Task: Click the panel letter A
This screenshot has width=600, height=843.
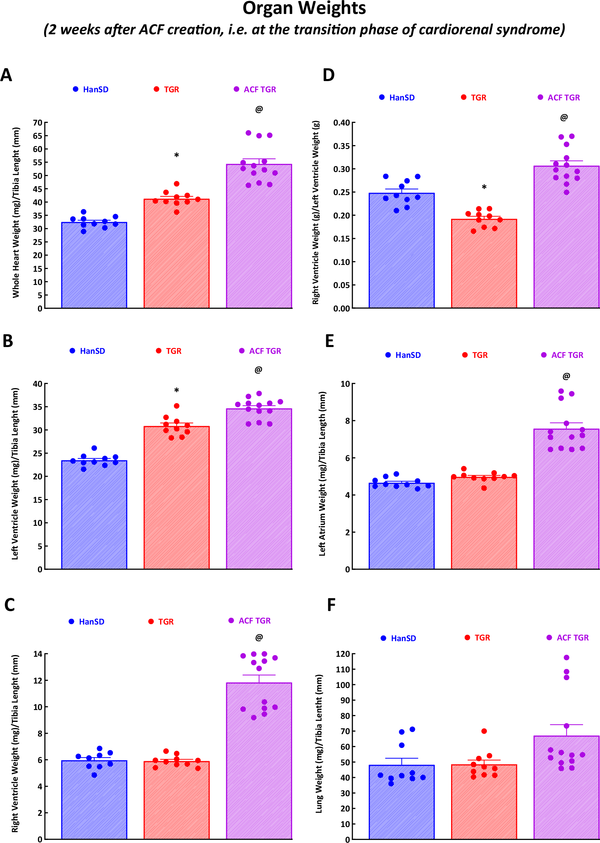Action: point(6,75)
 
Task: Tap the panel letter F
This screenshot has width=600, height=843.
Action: point(331,605)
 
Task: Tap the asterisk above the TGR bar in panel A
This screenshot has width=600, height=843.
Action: point(177,155)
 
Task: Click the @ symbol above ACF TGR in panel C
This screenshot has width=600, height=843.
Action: point(259,637)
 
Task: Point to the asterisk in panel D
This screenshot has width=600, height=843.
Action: point(484,187)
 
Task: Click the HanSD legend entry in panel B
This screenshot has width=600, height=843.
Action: point(88,351)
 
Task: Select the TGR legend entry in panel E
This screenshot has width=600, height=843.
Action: point(475,355)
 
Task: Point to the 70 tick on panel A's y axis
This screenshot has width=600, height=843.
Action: point(37,123)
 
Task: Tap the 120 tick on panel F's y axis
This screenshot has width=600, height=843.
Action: point(343,654)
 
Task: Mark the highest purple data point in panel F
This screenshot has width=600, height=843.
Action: point(566,657)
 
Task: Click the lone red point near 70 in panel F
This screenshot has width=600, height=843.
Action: point(484,731)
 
